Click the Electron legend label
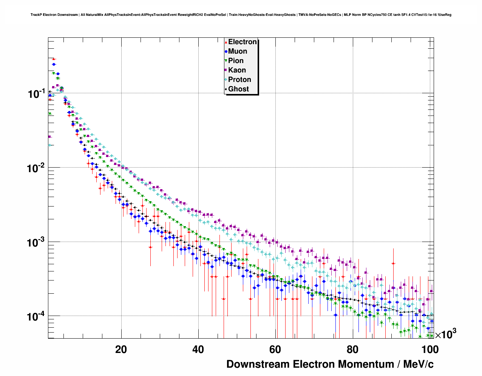coord(243,42)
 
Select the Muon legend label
coord(238,51)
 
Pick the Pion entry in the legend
coord(236,61)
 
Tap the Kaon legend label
coord(237,70)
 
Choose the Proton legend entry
coord(239,80)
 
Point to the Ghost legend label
coord(238,89)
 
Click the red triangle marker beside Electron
coord(226,42)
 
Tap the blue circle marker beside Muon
coord(226,52)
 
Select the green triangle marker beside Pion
coord(226,61)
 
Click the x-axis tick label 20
coord(121,350)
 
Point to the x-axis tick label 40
coord(198,350)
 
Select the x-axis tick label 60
coord(275,350)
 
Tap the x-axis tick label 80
coord(352,350)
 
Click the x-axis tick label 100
coord(430,350)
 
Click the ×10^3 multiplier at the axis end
coord(446,334)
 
